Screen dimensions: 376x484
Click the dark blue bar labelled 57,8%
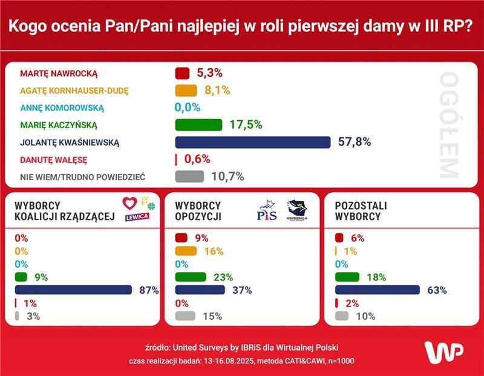pos(252,142)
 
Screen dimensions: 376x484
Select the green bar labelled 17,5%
pos(199,125)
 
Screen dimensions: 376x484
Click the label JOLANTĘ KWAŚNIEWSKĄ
pos(70,143)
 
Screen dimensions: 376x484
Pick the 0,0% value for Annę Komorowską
pos(188,108)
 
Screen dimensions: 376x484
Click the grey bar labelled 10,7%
pos(189,177)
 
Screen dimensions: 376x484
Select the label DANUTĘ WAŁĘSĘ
pos(54,160)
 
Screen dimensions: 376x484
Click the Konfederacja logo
pos(296,211)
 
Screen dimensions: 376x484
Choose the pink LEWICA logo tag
pos(137,217)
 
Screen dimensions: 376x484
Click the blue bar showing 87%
pos(73,290)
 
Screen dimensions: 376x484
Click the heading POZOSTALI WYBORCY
pos(361,211)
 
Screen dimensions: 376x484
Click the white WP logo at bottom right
pos(443,352)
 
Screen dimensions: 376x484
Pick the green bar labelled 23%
pos(191,277)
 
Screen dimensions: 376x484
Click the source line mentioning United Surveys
pos(241,348)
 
